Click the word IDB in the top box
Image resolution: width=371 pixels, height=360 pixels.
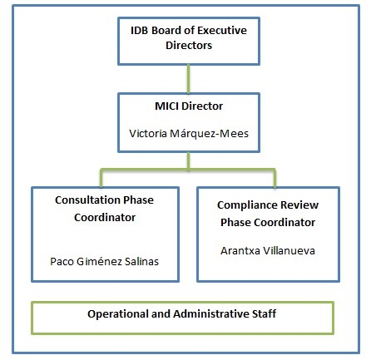(x=140, y=31)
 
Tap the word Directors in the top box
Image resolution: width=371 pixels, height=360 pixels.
(x=189, y=46)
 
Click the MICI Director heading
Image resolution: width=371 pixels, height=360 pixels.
(x=189, y=106)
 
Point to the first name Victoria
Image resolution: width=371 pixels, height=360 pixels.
(x=148, y=134)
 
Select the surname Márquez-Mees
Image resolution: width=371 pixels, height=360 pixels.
(x=209, y=134)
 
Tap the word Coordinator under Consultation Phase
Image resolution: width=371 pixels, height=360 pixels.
(x=105, y=218)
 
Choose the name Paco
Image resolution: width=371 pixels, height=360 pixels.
(x=62, y=262)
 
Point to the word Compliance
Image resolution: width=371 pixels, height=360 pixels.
(x=247, y=205)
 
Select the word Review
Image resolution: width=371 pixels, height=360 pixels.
(x=299, y=205)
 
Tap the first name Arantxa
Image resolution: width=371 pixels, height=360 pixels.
(x=240, y=251)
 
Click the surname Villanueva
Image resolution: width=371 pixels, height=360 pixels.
(x=289, y=251)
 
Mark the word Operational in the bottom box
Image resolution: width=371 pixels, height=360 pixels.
(x=118, y=314)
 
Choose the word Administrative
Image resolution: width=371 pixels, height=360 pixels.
(x=211, y=314)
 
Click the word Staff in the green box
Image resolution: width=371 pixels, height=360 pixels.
(x=264, y=313)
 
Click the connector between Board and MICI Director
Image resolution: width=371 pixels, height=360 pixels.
(x=189, y=79)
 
